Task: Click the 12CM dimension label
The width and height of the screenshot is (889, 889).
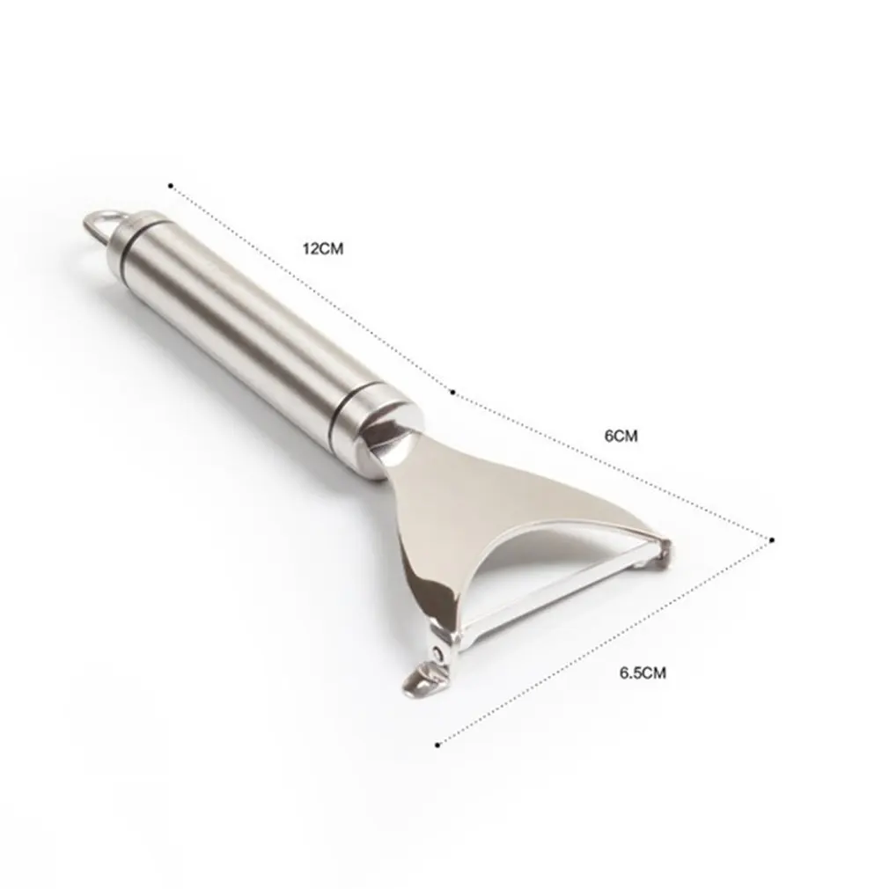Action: (x=323, y=248)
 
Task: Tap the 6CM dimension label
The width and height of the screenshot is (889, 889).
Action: (x=621, y=436)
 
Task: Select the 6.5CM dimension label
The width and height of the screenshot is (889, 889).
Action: (x=643, y=673)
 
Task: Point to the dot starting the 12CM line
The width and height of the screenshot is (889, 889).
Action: (x=170, y=185)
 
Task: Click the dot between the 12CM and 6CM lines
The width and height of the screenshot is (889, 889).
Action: (x=452, y=392)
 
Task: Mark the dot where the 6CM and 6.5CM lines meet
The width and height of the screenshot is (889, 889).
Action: (x=772, y=540)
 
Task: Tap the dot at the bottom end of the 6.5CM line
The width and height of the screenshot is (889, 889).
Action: (x=437, y=745)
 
